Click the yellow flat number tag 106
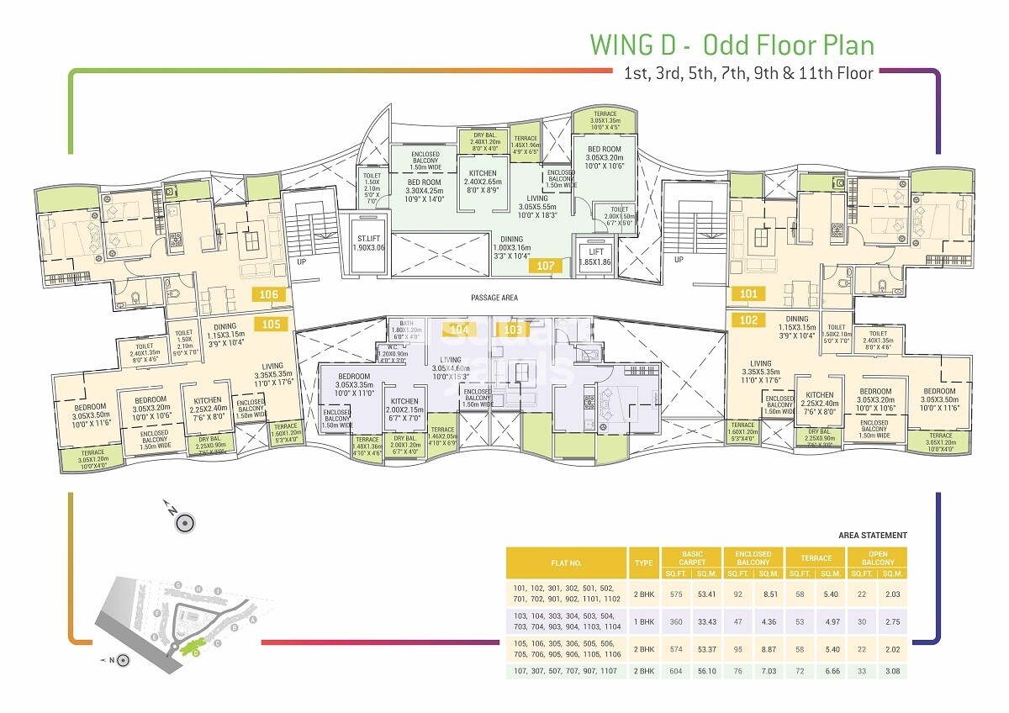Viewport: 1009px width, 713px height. tap(270, 294)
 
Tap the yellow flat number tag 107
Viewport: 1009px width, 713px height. tap(546, 266)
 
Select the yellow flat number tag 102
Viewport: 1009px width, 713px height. tap(748, 320)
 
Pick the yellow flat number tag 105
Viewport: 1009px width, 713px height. tap(270, 323)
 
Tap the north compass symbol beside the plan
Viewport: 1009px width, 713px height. tap(185, 522)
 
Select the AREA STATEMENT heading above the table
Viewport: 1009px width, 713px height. tap(873, 536)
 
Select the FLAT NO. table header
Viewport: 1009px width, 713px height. tap(565, 562)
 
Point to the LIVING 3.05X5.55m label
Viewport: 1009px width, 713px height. tap(537, 204)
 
